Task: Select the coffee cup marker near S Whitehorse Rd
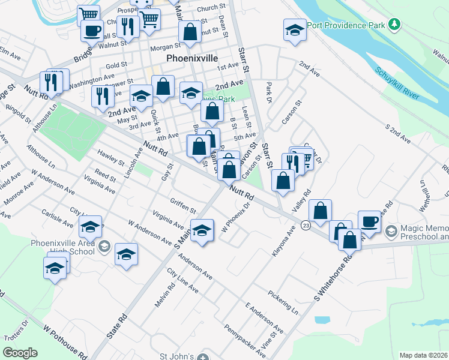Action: [x=369, y=221]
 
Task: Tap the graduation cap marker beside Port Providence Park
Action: [x=295, y=30]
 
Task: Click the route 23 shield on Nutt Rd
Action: [x=306, y=225]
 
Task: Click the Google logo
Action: [x=20, y=352]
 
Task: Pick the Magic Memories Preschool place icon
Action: [x=391, y=231]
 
